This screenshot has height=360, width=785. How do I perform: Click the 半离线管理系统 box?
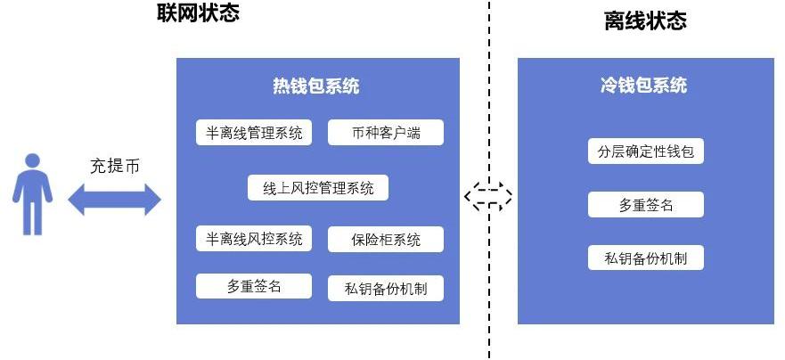tap(254, 133)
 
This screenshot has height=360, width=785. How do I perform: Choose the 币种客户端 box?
tap(386, 134)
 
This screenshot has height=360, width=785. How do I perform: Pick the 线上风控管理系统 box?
tap(318, 188)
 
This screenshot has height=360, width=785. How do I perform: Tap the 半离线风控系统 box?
tap(254, 239)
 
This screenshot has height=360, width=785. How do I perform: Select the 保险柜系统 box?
tap(386, 240)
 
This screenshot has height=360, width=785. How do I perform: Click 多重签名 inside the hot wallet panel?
tap(254, 286)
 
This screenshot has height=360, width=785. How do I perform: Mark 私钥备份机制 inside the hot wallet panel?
tap(386, 288)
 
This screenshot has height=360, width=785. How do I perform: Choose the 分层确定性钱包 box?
tap(646, 151)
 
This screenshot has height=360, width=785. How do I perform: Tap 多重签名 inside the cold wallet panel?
tap(646, 205)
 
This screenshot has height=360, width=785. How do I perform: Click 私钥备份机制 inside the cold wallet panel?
tap(646, 258)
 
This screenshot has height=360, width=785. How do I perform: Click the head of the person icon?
tap(33, 161)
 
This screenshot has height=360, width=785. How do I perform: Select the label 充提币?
tap(114, 166)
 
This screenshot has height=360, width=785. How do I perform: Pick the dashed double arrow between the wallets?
tap(488, 196)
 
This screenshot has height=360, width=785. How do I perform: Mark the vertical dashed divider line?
tap(488, 294)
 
